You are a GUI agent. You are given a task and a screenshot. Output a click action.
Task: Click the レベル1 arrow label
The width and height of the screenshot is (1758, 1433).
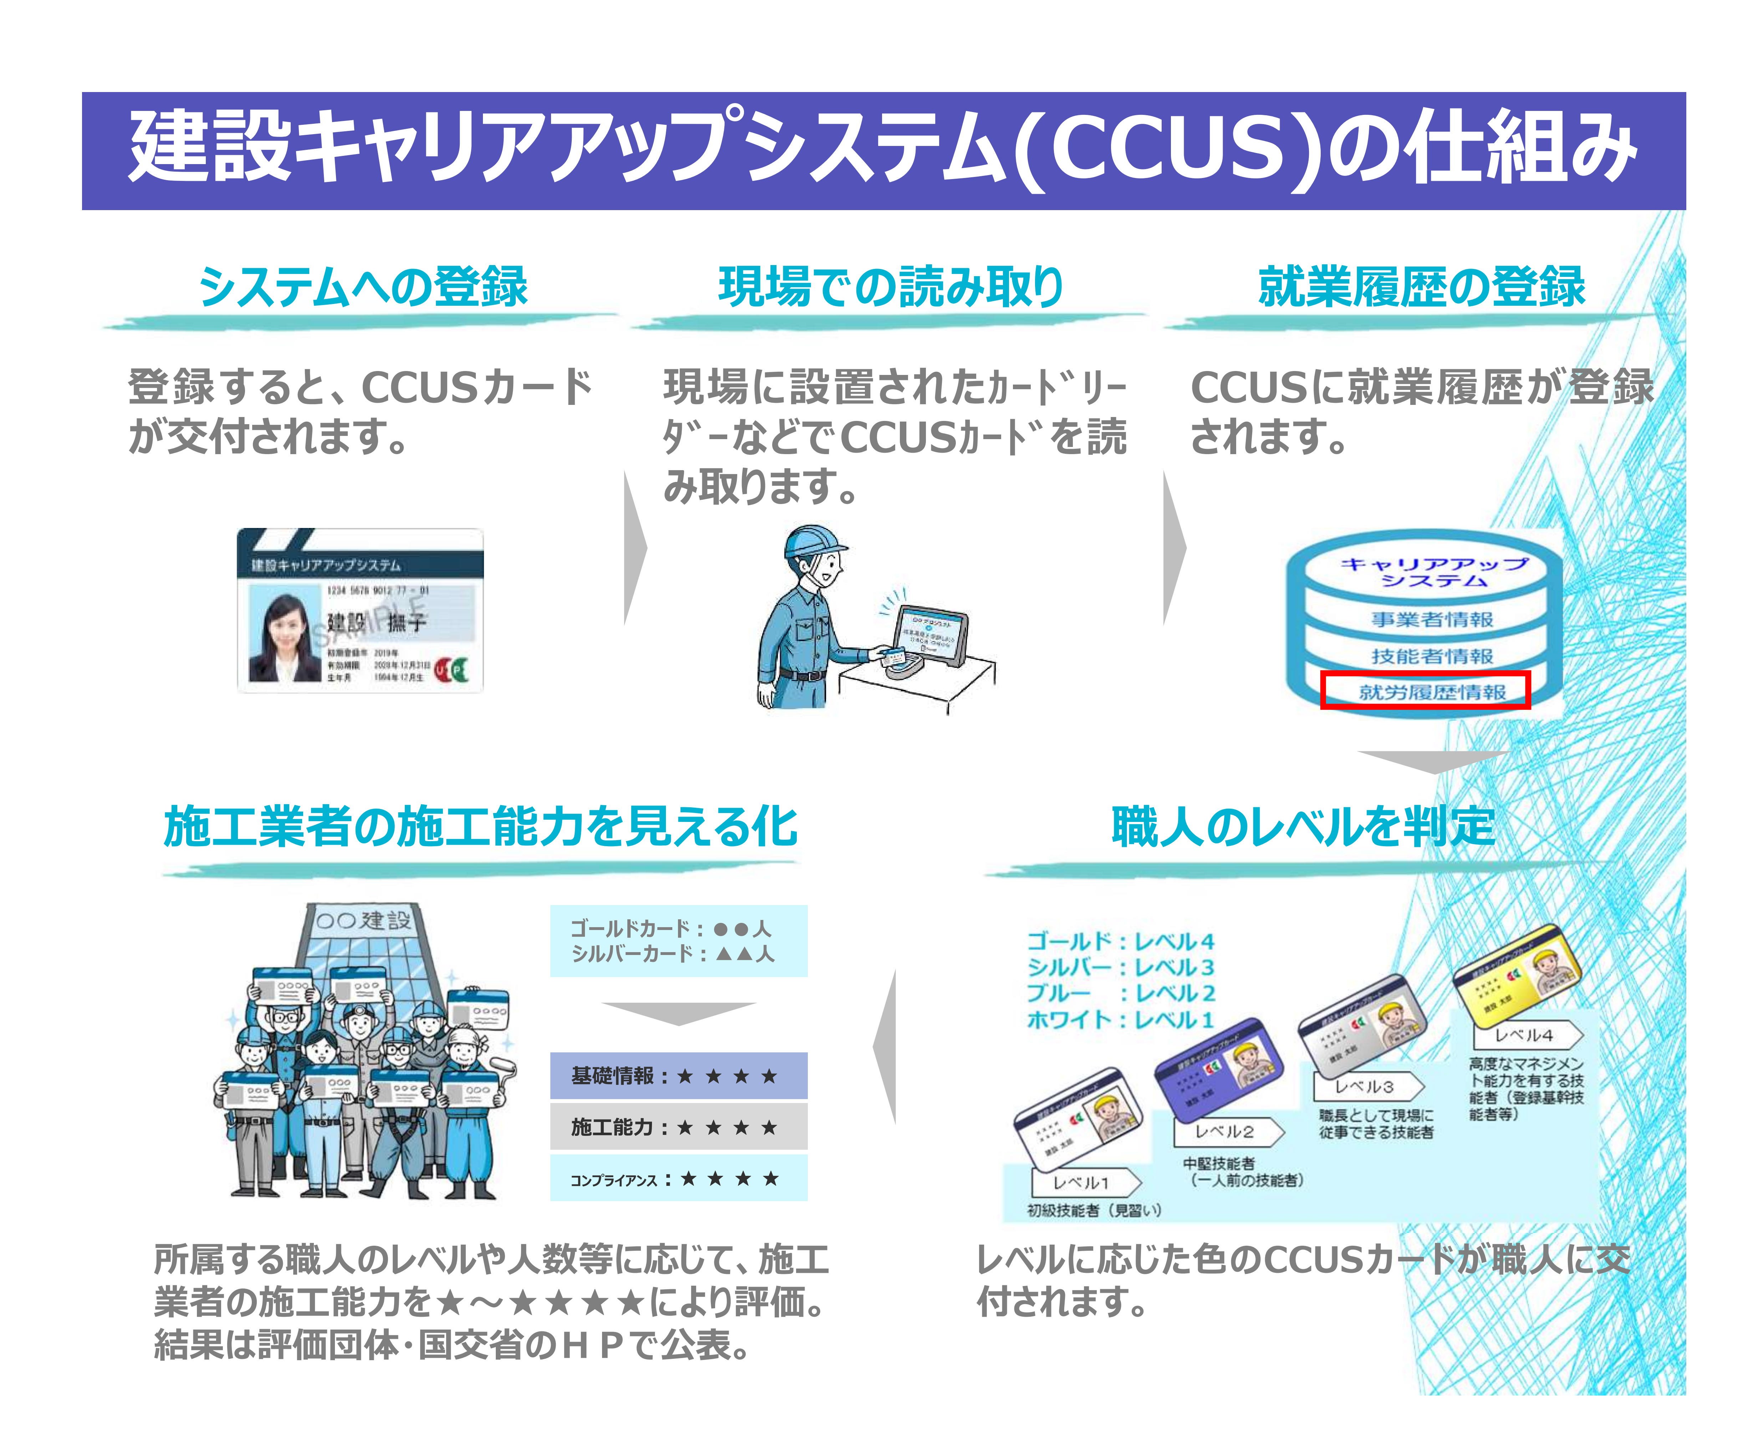[x=1081, y=1182]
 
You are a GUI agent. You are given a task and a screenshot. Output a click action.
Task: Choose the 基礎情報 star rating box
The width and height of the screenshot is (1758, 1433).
[x=678, y=1076]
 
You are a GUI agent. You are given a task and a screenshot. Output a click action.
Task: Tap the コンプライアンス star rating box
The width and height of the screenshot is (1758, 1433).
[x=678, y=1179]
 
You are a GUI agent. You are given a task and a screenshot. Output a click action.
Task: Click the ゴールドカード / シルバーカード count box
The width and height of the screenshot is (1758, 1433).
[x=678, y=941]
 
